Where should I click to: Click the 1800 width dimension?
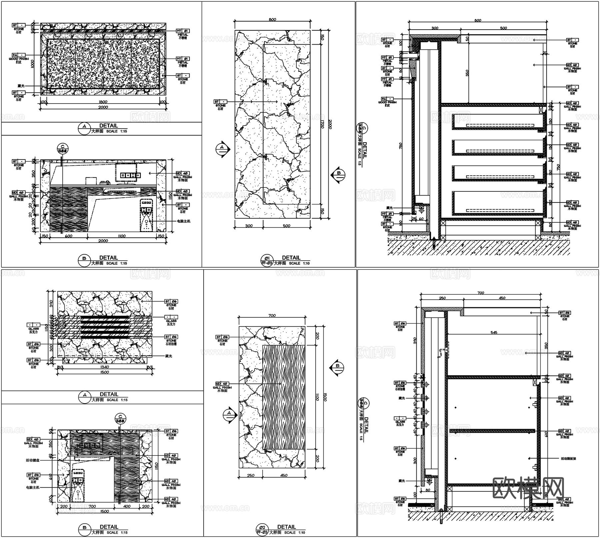(103, 102)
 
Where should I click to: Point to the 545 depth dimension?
(494, 332)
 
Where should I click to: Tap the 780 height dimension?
(401, 145)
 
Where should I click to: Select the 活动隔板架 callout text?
(568, 458)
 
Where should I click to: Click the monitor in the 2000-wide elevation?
(126, 172)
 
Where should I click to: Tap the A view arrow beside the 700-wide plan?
(229, 414)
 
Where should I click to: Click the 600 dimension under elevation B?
(69, 236)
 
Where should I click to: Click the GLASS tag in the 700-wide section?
(400, 418)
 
